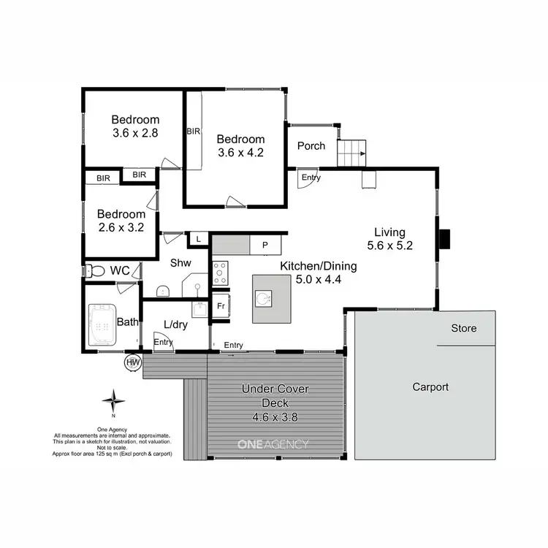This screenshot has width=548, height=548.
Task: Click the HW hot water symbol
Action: (x=133, y=362)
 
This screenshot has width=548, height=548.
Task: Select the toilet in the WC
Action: (x=94, y=270)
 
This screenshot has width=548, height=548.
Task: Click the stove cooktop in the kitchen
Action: (x=220, y=273)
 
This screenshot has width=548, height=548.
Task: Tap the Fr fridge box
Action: (x=220, y=307)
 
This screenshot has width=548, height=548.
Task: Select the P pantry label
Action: (x=265, y=245)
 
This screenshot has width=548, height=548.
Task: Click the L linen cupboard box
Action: (x=197, y=238)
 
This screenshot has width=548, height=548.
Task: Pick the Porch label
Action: (x=311, y=145)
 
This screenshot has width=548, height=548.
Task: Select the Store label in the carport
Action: (x=463, y=329)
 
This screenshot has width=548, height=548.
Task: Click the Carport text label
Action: (x=430, y=387)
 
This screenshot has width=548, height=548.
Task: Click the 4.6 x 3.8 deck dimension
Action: (x=275, y=417)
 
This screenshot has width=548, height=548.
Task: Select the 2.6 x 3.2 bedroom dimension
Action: (x=122, y=227)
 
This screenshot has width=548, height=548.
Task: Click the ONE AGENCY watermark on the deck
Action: (x=273, y=444)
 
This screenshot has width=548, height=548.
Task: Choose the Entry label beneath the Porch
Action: (x=311, y=178)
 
